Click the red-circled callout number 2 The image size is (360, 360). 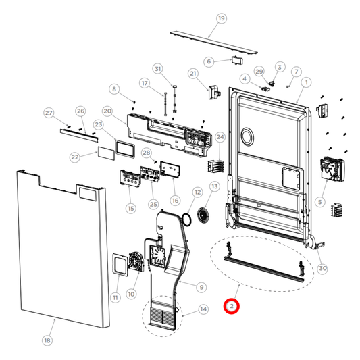(x=232, y=307)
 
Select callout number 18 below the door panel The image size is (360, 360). (x=47, y=340)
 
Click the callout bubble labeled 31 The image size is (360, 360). (x=157, y=69)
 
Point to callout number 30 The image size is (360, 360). (x=322, y=268)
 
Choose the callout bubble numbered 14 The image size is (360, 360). (x=203, y=309)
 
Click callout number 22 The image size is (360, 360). (x=75, y=157)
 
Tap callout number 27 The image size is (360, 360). (x=49, y=112)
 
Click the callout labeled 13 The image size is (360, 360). (x=214, y=186)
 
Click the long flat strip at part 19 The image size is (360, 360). (x=213, y=43)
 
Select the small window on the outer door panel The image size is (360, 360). (x=88, y=194)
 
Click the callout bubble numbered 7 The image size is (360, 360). (x=296, y=72)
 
